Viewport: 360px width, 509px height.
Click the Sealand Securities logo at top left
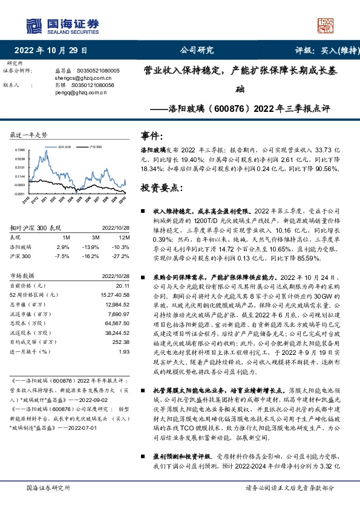pyautogui.click(x=61, y=25)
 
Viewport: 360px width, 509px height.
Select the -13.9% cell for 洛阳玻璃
pyautogui.click(x=91, y=247)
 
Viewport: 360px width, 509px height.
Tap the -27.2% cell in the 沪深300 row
pyautogui.click(x=122, y=256)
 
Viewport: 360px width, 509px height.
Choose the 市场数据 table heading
pyautogui.click(x=25, y=275)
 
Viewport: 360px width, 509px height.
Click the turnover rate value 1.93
pyautogui.click(x=125, y=352)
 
